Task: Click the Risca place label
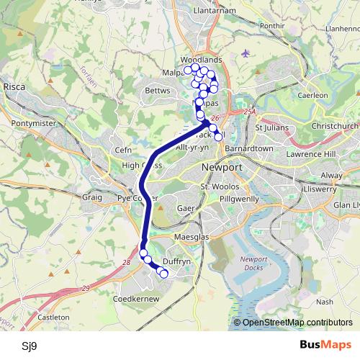[14, 86]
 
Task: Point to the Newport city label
[222, 166]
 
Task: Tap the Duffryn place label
[176, 262]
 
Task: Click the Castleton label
[53, 317]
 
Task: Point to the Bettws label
[158, 91]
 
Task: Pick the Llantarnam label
[217, 12]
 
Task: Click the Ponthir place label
[274, 25]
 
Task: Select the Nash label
[324, 302]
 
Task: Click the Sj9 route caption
[30, 346]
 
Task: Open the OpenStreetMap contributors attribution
[297, 323]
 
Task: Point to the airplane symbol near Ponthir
[248, 53]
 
